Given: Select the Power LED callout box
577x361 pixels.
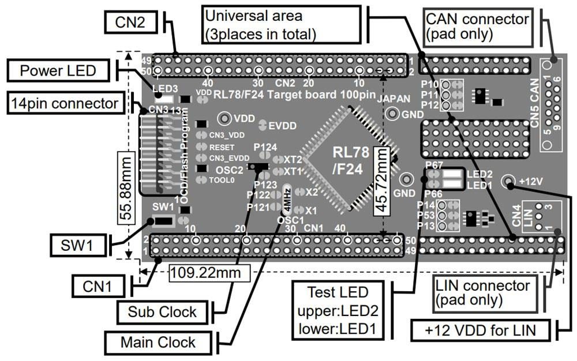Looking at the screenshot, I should click(57, 72).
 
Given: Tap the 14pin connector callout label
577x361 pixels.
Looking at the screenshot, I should click(65, 104).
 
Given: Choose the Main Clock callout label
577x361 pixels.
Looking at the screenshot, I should click(158, 342).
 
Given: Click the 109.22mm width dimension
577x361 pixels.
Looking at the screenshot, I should click(209, 272).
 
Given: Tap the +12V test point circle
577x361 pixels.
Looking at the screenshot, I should click(509, 182).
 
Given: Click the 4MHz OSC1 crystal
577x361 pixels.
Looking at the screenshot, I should click(286, 198).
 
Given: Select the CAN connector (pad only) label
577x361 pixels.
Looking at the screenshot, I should click(477, 26).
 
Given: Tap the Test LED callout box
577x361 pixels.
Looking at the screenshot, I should click(338, 311).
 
